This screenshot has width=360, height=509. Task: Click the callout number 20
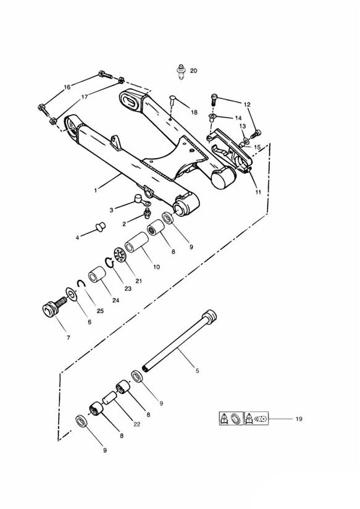coord(193,70)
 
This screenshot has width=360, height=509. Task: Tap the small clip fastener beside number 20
coord(180,72)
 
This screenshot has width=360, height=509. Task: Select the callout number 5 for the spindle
coord(198,371)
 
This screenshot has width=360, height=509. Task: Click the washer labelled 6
coord(71,294)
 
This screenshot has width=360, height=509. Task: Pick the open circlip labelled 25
coord(81,284)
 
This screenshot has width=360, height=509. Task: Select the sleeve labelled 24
coord(97,275)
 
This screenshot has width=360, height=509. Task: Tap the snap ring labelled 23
coord(109,263)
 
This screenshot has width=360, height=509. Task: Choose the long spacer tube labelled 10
coord(136,242)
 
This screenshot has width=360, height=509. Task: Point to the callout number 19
coord(299,419)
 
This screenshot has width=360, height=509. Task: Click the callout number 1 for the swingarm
coord(96,190)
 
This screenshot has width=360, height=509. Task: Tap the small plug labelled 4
coord(100,226)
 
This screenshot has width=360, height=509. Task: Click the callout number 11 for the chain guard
coord(258,192)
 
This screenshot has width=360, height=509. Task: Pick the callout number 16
coord(67,87)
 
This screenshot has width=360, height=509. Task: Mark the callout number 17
coord(85,97)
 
